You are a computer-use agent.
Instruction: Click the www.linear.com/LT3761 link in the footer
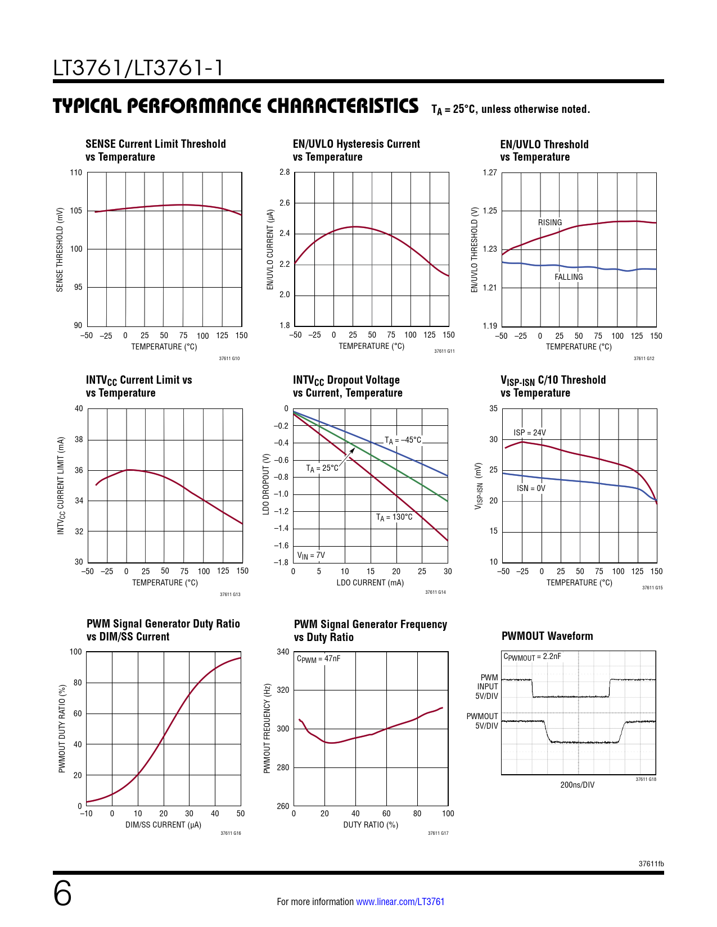coord(400,902)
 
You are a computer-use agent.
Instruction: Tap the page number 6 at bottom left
coord(62,893)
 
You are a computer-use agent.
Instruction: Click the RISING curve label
coord(549,222)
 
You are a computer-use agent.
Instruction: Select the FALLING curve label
coord(569,277)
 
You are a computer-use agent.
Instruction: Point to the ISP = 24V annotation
coord(529,433)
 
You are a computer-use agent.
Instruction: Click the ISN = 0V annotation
coord(531,488)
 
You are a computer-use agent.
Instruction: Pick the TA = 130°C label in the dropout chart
coord(394,517)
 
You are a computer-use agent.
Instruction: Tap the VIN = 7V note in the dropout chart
coord(311,556)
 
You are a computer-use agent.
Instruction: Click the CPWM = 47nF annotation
coord(318,658)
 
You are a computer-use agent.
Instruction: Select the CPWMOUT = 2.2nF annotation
coord(532,657)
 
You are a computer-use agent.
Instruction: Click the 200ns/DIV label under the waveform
coord(577,785)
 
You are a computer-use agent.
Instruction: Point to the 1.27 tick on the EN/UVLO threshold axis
coord(490,172)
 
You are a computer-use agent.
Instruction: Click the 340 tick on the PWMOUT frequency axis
coord(283,652)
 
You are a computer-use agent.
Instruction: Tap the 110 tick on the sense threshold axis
coord(76,172)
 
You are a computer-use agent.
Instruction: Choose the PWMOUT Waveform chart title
coord(547,636)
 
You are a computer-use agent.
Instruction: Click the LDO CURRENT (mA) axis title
coord(370,583)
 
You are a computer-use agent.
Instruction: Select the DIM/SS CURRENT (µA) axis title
coord(163,825)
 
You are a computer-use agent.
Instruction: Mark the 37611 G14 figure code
coord(435,592)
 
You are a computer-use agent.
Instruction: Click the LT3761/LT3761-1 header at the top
coord(138,68)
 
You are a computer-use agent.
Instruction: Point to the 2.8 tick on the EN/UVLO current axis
coord(285,172)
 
